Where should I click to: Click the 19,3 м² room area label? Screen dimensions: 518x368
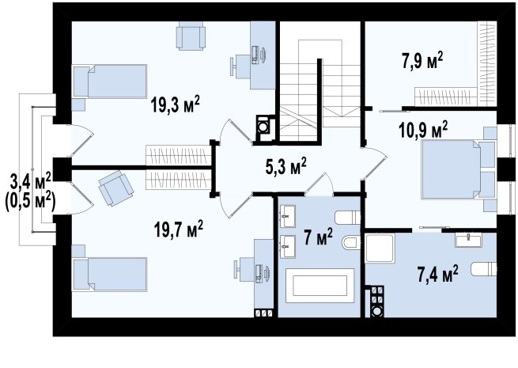click(175, 104)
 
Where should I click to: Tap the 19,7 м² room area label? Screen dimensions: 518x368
click(179, 230)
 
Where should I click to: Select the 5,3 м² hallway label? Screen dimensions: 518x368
click(286, 166)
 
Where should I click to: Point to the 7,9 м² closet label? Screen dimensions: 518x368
click(422, 60)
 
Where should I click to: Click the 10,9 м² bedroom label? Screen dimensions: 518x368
click(423, 130)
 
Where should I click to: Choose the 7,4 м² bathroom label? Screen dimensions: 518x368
click(438, 274)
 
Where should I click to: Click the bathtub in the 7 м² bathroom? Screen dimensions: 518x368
click(319, 286)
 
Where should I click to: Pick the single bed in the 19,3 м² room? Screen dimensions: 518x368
click(110, 82)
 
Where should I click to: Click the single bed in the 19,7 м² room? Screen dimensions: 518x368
click(110, 275)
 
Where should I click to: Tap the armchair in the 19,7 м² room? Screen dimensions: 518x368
click(115, 188)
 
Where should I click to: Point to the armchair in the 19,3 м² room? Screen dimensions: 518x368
click(191, 36)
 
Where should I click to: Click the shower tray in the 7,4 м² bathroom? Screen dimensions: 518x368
click(380, 248)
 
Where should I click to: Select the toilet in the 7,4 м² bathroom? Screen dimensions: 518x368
click(484, 269)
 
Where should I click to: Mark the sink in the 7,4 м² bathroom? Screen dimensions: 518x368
click(468, 240)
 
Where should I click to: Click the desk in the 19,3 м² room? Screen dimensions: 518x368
click(263, 55)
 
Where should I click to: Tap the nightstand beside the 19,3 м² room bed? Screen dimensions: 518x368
click(78, 104)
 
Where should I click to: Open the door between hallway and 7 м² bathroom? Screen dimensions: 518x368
click(318, 184)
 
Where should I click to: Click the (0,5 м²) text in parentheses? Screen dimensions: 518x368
click(30, 200)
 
